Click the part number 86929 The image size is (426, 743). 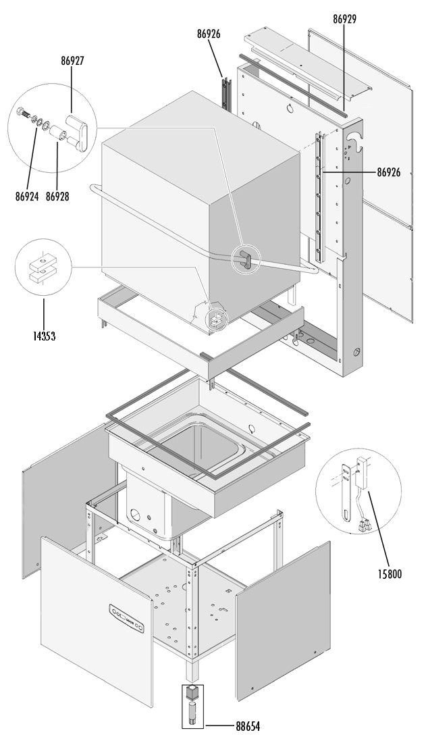(344, 20)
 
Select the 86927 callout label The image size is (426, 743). (72, 60)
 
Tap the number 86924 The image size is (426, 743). (26, 197)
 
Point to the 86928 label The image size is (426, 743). (57, 197)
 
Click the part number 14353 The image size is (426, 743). (44, 336)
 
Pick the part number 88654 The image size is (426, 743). (248, 726)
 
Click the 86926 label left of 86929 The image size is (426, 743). (209, 34)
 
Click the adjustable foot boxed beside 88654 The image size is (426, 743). (192, 704)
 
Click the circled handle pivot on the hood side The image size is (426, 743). (246, 259)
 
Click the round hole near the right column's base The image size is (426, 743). (355, 353)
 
